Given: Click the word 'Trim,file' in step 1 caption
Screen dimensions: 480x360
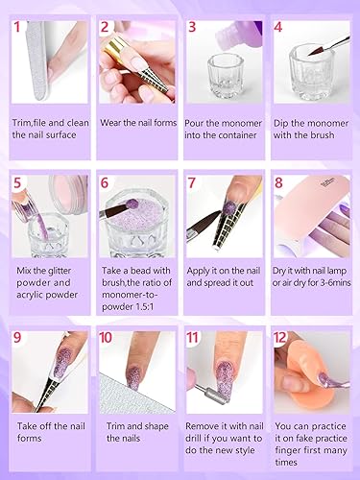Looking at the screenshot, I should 36,122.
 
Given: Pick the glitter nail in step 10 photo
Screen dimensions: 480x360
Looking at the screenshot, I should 132,374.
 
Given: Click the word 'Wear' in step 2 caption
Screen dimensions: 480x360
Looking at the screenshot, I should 116,122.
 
